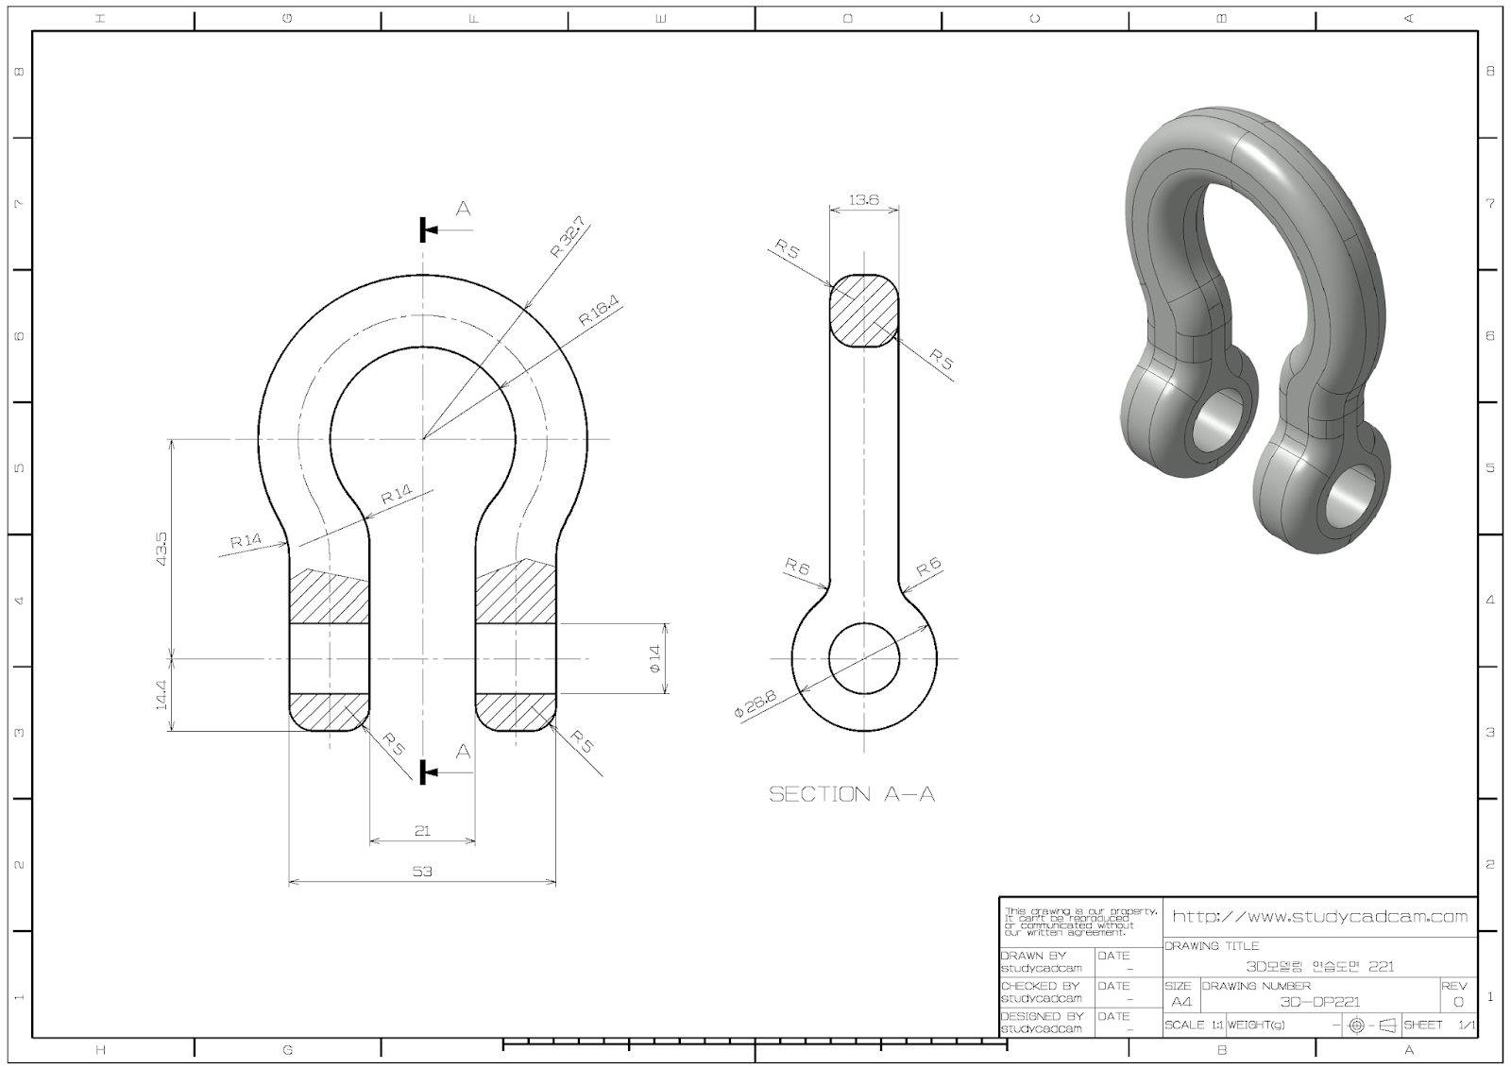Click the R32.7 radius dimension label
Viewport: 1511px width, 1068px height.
pyautogui.click(x=569, y=238)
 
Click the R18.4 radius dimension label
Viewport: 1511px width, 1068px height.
pyautogui.click(x=599, y=311)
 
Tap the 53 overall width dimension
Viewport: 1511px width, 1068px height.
pyautogui.click(x=422, y=871)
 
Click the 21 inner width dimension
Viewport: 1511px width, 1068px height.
pyautogui.click(x=422, y=830)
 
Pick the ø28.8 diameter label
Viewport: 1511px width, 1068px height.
pyautogui.click(x=755, y=704)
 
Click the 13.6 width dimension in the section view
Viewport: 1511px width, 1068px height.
pyautogui.click(x=863, y=199)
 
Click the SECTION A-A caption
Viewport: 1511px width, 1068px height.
pyautogui.click(x=852, y=794)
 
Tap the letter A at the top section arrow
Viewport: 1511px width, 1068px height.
pyautogui.click(x=463, y=209)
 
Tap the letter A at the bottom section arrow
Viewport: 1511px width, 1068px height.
pyautogui.click(x=463, y=752)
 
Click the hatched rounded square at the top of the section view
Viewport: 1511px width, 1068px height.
pyautogui.click(x=863, y=311)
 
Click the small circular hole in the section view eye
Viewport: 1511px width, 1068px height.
pyautogui.click(x=863, y=658)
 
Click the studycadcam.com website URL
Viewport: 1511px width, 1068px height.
pyautogui.click(x=1319, y=916)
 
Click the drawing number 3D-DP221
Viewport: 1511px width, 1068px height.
pyautogui.click(x=1319, y=1002)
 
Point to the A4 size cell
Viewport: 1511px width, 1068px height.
pyautogui.click(x=1180, y=1002)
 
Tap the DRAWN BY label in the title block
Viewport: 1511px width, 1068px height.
pyautogui.click(x=1033, y=956)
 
